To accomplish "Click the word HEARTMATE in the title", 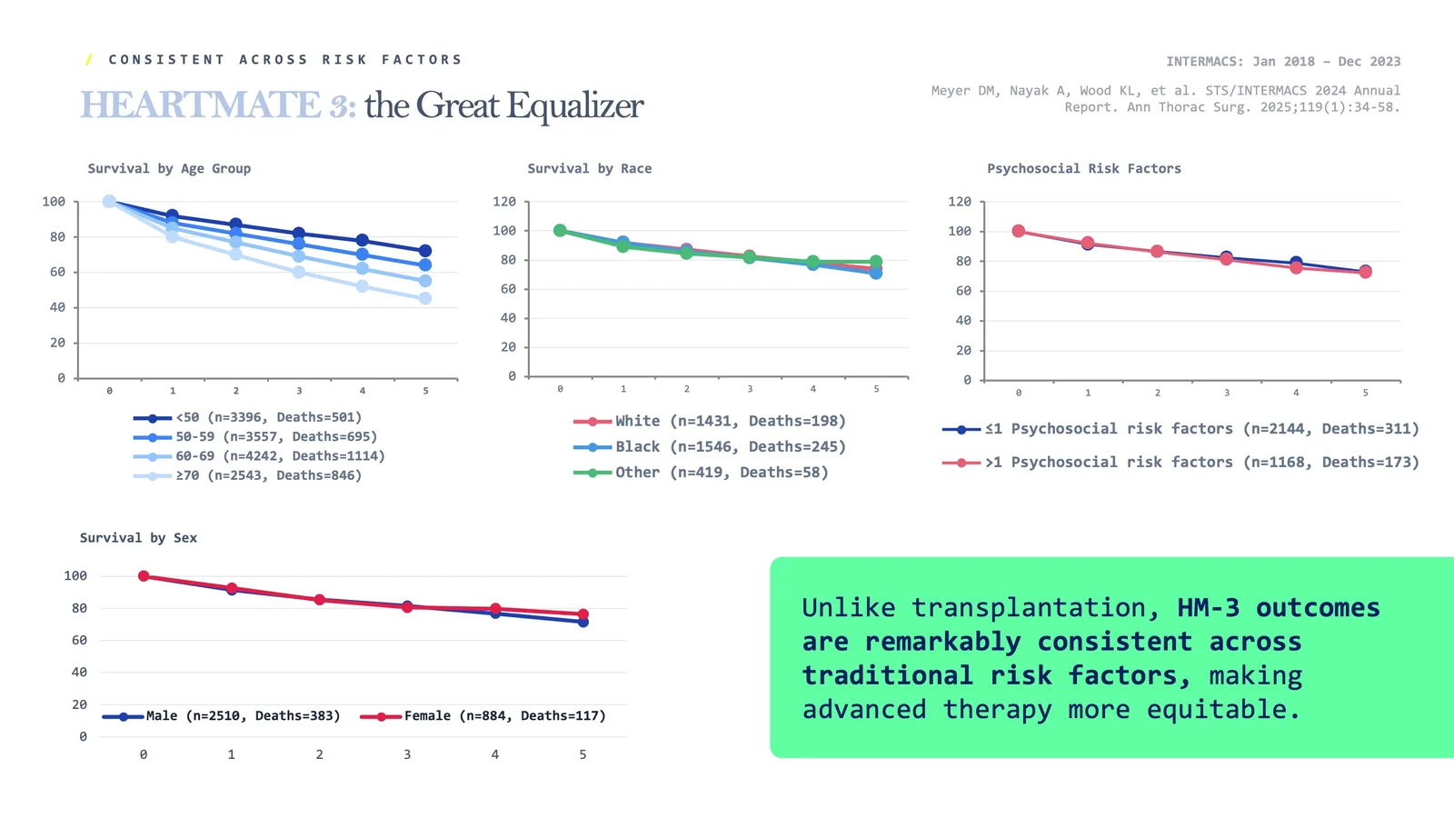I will (200, 105).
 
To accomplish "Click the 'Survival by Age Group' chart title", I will (169, 168).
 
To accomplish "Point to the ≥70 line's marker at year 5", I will (425, 298).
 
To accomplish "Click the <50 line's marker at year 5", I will (425, 251).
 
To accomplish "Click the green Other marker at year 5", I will (876, 262).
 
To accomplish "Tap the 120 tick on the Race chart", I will (504, 202).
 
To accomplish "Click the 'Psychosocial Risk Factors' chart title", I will (1084, 168).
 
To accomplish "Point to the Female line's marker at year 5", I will (583, 614).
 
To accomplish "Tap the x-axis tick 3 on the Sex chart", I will (407, 754).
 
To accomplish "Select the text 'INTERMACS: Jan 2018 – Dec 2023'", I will (1283, 62).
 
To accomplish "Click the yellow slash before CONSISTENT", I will (89, 60).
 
